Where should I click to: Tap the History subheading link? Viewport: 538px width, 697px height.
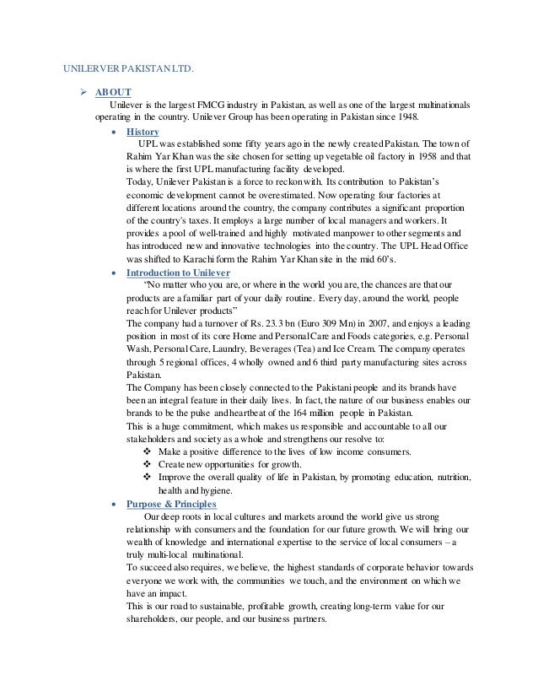tap(142, 132)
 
